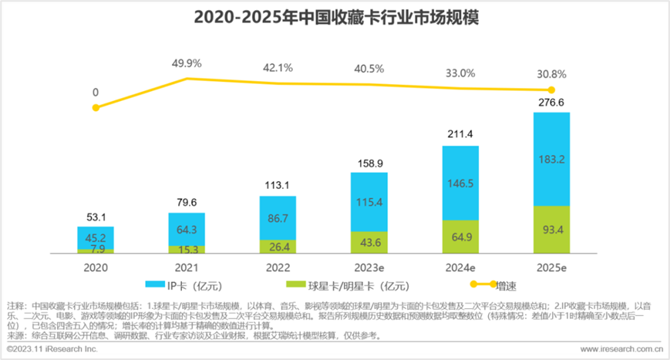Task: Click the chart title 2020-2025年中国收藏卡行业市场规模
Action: point(335,16)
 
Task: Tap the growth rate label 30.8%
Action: point(551,74)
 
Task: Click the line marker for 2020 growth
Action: point(96,107)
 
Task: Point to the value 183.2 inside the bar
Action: point(551,159)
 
